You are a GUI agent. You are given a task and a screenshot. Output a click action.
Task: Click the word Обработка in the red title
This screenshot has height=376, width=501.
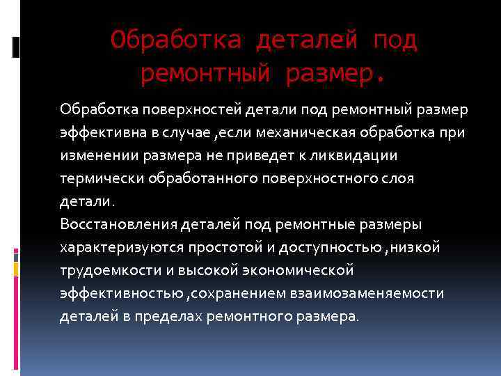pyautogui.click(x=175, y=40)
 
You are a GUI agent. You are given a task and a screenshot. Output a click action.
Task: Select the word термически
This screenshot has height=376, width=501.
pyautogui.click(x=97, y=178)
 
